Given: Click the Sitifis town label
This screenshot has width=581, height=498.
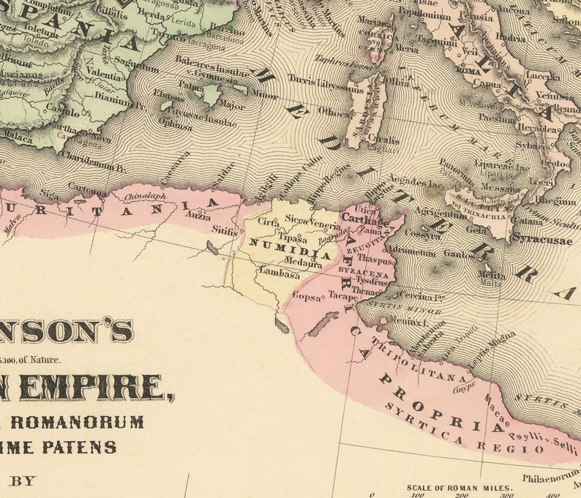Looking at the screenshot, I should pyautogui.click(x=224, y=229).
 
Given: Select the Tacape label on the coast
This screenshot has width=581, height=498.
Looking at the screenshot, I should pyautogui.click(x=342, y=297).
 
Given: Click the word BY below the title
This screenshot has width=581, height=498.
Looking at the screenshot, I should pyautogui.click(x=22, y=481).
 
